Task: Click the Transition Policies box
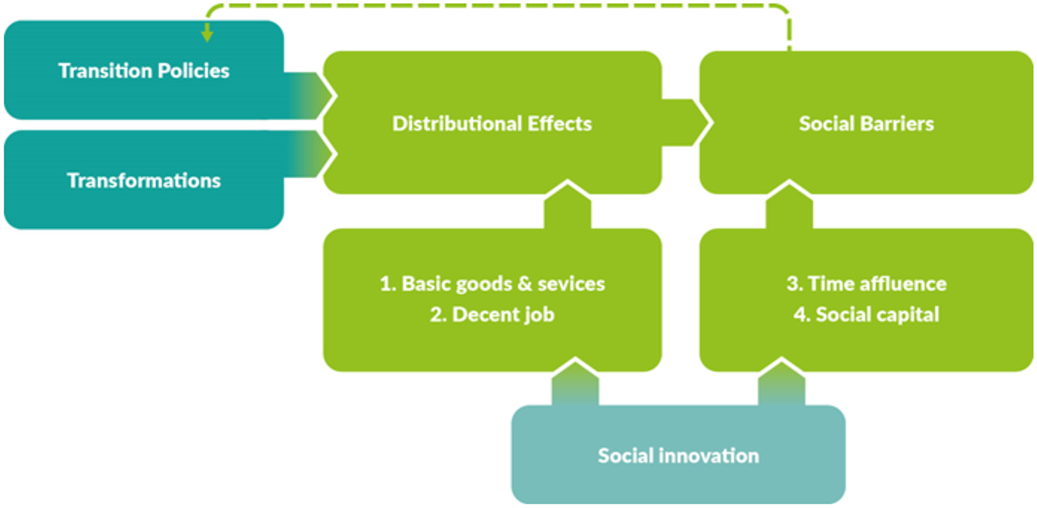click(x=143, y=70)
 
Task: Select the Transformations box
click(x=143, y=180)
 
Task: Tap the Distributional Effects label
click(x=492, y=123)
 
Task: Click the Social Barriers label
click(x=866, y=123)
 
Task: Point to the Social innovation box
click(x=678, y=455)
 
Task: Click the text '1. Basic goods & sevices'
click(x=492, y=284)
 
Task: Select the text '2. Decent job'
click(x=492, y=315)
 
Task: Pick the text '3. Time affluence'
click(x=866, y=284)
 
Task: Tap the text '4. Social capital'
click(x=866, y=315)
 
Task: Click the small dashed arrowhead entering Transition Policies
click(x=207, y=34)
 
